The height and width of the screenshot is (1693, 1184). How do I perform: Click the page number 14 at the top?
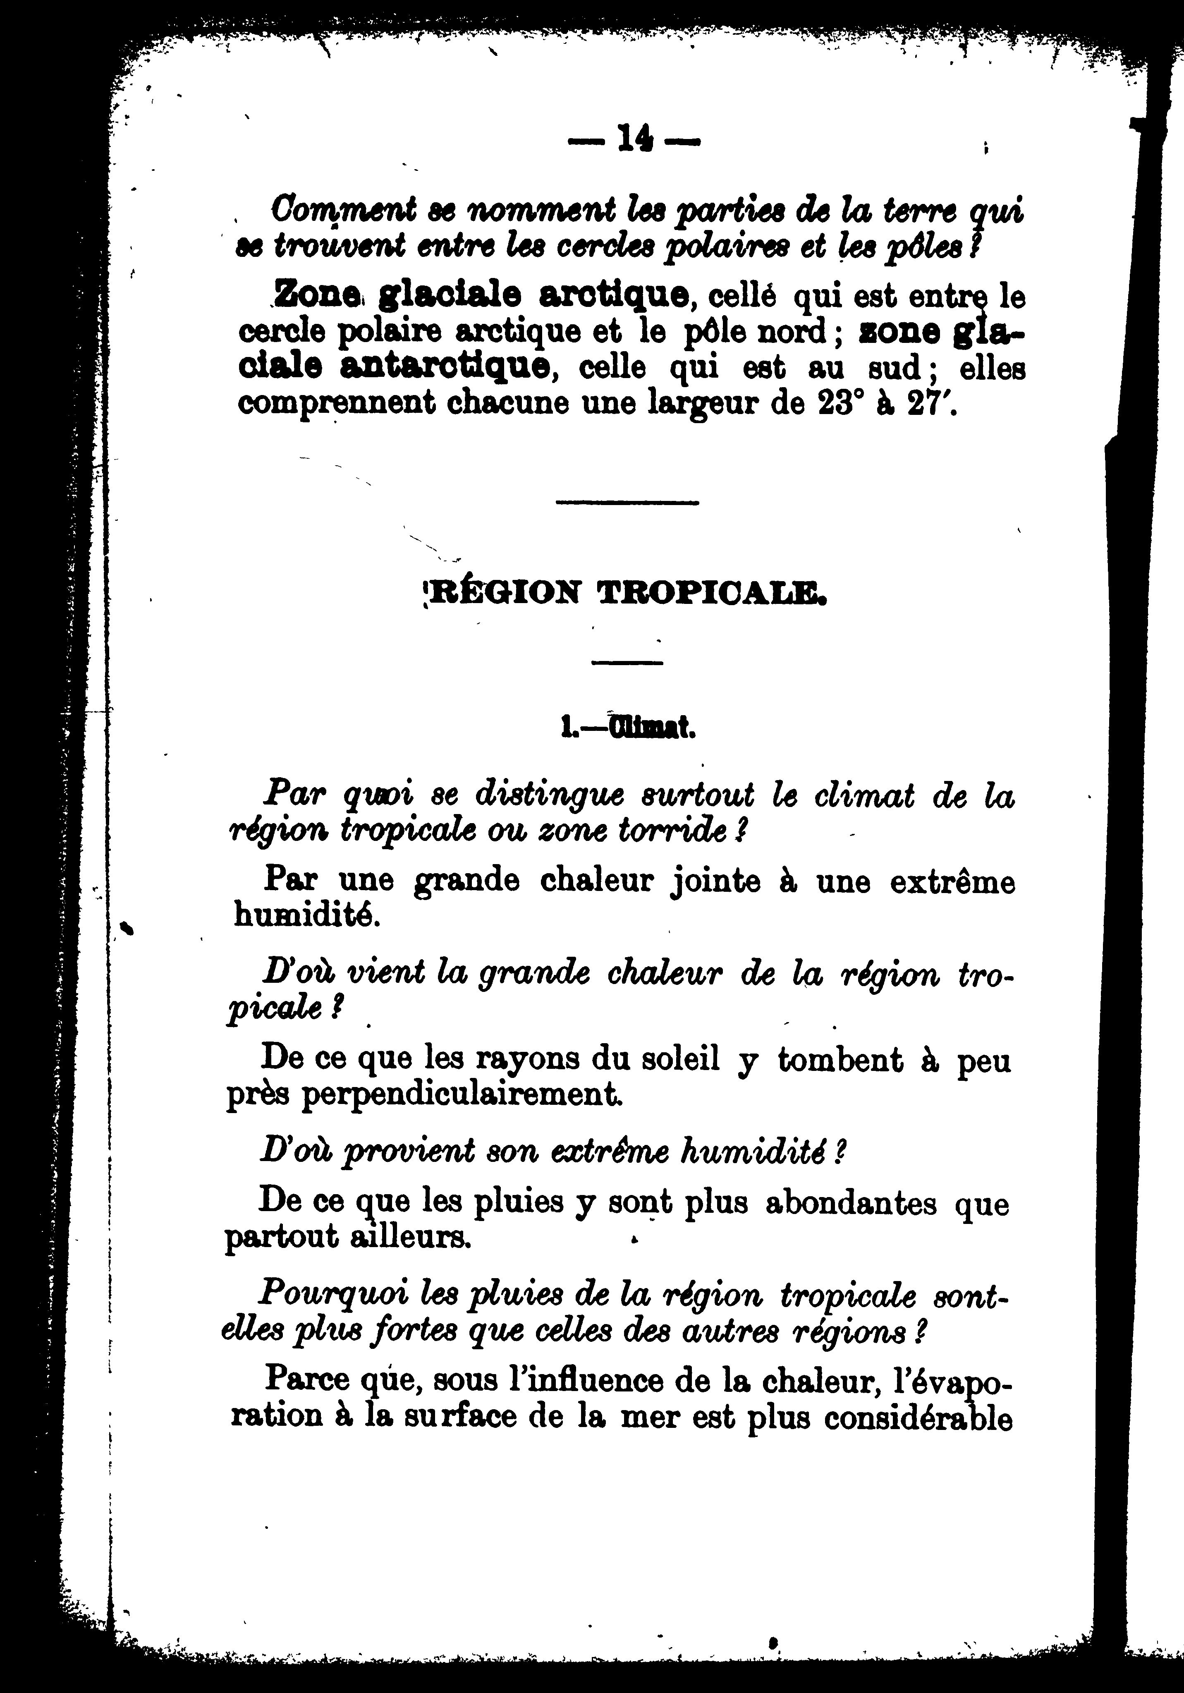click(x=632, y=137)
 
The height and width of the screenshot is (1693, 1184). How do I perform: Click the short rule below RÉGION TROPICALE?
click(x=627, y=663)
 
